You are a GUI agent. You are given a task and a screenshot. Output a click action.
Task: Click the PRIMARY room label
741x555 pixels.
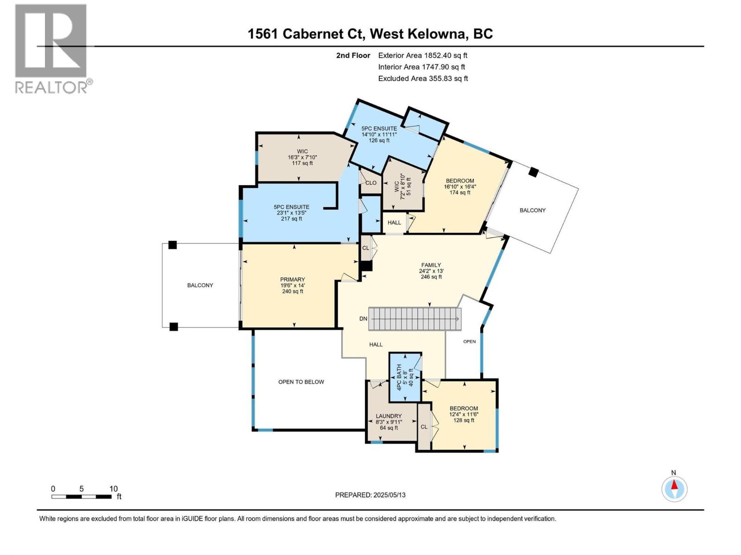[x=292, y=279]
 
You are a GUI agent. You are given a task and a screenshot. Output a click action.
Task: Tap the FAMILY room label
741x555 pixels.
[x=431, y=265]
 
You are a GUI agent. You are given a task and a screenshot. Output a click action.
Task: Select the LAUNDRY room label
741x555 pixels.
[x=389, y=416]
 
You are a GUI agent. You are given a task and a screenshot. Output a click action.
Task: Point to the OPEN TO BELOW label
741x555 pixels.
[x=301, y=382]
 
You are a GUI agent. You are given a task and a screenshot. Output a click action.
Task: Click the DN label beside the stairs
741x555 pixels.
[x=363, y=319]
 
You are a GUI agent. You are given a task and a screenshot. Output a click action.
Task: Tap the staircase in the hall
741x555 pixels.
[x=414, y=319]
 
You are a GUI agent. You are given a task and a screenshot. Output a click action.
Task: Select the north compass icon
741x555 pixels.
[x=674, y=488]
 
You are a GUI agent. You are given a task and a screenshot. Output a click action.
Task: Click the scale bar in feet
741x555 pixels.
[x=82, y=496]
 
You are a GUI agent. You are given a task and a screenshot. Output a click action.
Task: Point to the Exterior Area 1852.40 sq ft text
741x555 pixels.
[x=422, y=55]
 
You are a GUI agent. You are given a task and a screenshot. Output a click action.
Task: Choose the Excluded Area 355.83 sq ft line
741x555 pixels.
[x=422, y=79]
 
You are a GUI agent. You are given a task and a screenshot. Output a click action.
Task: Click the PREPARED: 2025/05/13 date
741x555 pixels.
[x=370, y=495]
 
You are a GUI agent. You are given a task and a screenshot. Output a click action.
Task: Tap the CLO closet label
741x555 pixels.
[x=370, y=183]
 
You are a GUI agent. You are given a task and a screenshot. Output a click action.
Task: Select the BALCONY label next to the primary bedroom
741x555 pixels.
[x=200, y=285]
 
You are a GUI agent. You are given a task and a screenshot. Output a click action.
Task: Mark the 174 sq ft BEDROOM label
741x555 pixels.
[x=459, y=186]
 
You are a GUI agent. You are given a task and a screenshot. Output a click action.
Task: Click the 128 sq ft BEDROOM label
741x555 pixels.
[x=464, y=414]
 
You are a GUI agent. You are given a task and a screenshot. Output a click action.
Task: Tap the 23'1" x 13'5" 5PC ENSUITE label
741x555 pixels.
[x=291, y=213]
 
